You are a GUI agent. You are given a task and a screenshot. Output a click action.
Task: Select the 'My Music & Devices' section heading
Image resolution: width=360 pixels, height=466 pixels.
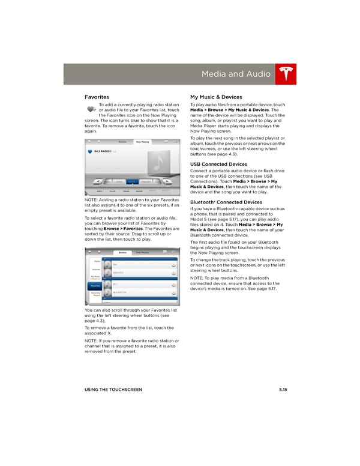click(x=215, y=96)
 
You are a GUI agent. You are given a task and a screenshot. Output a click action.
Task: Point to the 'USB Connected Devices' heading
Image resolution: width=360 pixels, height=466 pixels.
click(x=218, y=164)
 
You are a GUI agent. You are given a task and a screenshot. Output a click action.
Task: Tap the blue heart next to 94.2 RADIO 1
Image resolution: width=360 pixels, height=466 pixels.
click(x=90, y=152)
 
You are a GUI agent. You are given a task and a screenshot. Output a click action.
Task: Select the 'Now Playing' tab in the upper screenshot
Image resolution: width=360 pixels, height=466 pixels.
click(x=142, y=142)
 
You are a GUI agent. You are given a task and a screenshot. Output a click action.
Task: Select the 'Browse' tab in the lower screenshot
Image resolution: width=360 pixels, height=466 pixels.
click(x=122, y=252)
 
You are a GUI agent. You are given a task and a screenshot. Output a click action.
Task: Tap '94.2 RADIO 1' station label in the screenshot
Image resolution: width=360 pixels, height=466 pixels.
click(x=106, y=152)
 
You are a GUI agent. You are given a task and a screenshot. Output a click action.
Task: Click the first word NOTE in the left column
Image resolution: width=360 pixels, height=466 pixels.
click(x=92, y=199)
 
